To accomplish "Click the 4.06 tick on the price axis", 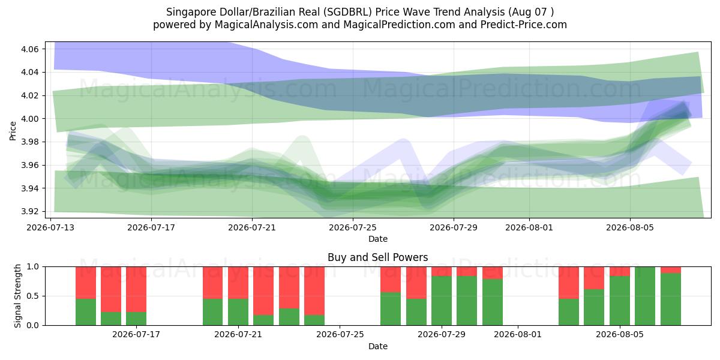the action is click(x=30, y=49).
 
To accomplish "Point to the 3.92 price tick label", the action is click(x=30, y=211).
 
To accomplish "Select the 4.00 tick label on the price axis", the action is click(x=30, y=119).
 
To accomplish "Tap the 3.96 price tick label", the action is click(x=30, y=165).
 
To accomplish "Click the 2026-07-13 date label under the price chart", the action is click(x=50, y=227).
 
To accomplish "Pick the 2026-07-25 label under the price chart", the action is click(x=353, y=227).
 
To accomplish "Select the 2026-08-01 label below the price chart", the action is click(x=529, y=227).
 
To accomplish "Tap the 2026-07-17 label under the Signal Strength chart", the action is click(x=136, y=335).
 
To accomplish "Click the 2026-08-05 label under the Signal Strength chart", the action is click(x=620, y=335).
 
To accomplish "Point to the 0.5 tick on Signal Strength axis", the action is click(x=33, y=296).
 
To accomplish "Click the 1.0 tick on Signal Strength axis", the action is click(x=33, y=267).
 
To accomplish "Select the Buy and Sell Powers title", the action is click(x=377, y=257).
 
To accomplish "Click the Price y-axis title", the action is click(x=13, y=131).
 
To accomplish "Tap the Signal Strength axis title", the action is click(x=17, y=296).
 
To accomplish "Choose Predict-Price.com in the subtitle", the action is click(x=524, y=25).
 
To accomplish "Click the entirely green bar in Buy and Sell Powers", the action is click(x=645, y=296).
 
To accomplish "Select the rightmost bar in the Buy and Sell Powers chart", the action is click(x=671, y=296).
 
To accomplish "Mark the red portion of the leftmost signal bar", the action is click(x=86, y=283).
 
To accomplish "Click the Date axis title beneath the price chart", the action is click(x=377, y=239).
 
